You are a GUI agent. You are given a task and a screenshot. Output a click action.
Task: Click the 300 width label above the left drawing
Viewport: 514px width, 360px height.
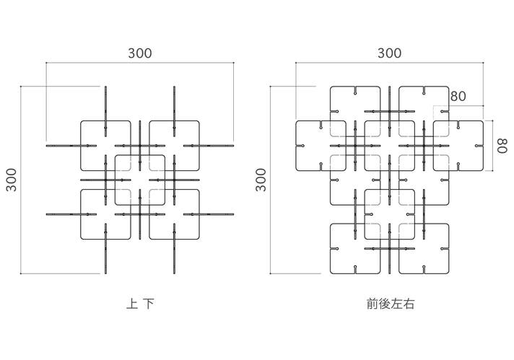[140, 53]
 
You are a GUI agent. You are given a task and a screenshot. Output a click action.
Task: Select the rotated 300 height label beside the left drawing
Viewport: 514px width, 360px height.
[12, 180]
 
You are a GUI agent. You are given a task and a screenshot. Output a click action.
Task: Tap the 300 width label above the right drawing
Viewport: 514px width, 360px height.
[389, 53]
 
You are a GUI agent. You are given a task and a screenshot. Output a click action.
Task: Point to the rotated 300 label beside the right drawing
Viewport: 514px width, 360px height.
[261, 180]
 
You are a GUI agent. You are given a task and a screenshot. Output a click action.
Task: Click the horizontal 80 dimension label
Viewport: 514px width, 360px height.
[458, 96]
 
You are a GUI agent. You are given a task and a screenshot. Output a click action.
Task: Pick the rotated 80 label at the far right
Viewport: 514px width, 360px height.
[502, 146]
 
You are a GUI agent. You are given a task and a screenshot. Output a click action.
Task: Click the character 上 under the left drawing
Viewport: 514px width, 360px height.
[132, 304]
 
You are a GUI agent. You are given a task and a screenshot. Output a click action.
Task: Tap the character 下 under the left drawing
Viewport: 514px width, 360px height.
[149, 304]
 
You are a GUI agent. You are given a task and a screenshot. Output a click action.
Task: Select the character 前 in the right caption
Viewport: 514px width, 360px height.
[373, 304]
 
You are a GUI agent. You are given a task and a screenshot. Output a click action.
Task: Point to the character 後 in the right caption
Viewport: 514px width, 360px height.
[385, 304]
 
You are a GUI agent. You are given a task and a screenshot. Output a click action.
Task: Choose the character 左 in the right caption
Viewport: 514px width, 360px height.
[396, 304]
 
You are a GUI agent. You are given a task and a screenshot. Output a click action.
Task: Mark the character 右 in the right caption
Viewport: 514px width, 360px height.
[409, 304]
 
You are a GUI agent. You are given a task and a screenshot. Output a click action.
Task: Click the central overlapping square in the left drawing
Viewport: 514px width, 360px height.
[140, 180]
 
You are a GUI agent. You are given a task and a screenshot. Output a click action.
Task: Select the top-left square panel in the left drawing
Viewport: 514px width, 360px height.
[105, 146]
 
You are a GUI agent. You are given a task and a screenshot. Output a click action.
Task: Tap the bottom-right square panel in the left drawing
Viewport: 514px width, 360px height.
[175, 214]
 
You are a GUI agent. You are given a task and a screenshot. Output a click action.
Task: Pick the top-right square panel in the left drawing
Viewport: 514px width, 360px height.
[175, 146]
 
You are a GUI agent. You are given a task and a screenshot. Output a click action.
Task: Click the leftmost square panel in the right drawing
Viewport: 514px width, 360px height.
[321, 146]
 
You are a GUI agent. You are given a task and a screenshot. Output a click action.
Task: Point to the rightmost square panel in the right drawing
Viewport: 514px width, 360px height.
[458, 146]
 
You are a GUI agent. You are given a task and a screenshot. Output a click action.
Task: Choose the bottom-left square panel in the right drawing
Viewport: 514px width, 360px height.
[355, 249]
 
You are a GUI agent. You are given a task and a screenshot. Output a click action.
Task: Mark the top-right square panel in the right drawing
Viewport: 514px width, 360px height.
[424, 111]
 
